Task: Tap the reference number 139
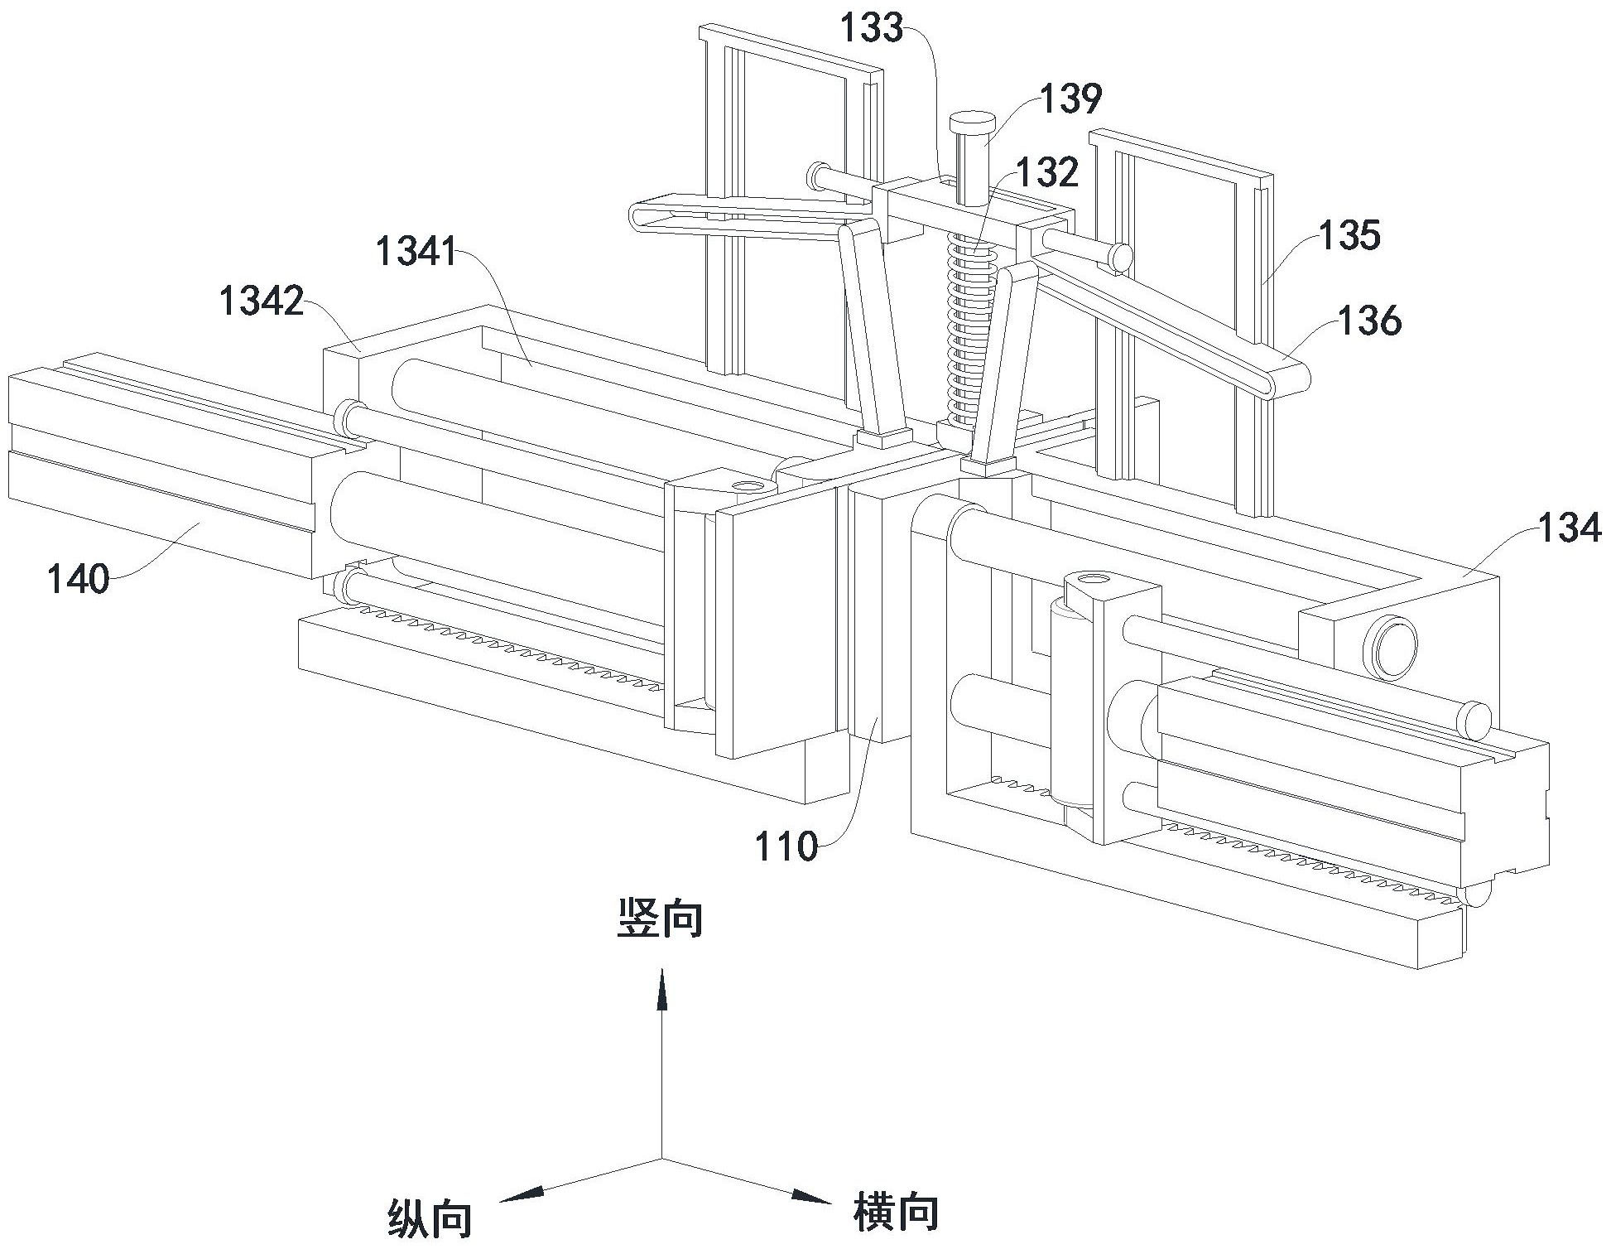point(1071,99)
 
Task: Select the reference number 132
point(1048,172)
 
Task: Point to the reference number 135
point(1349,235)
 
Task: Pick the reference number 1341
point(416,250)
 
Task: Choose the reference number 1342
point(262,301)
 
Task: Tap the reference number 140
point(78,579)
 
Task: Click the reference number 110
point(786,846)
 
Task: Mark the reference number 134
point(1570,528)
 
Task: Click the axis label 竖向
point(660,919)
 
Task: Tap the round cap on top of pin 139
point(972,126)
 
